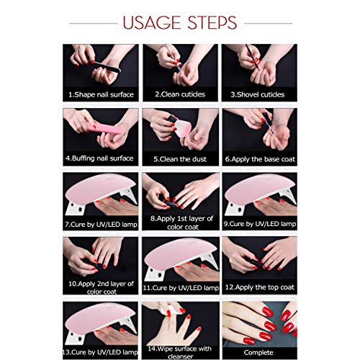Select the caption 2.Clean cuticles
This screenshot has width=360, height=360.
[180, 94]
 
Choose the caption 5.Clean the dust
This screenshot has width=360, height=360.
[180, 158]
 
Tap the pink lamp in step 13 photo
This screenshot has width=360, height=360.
[97, 317]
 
